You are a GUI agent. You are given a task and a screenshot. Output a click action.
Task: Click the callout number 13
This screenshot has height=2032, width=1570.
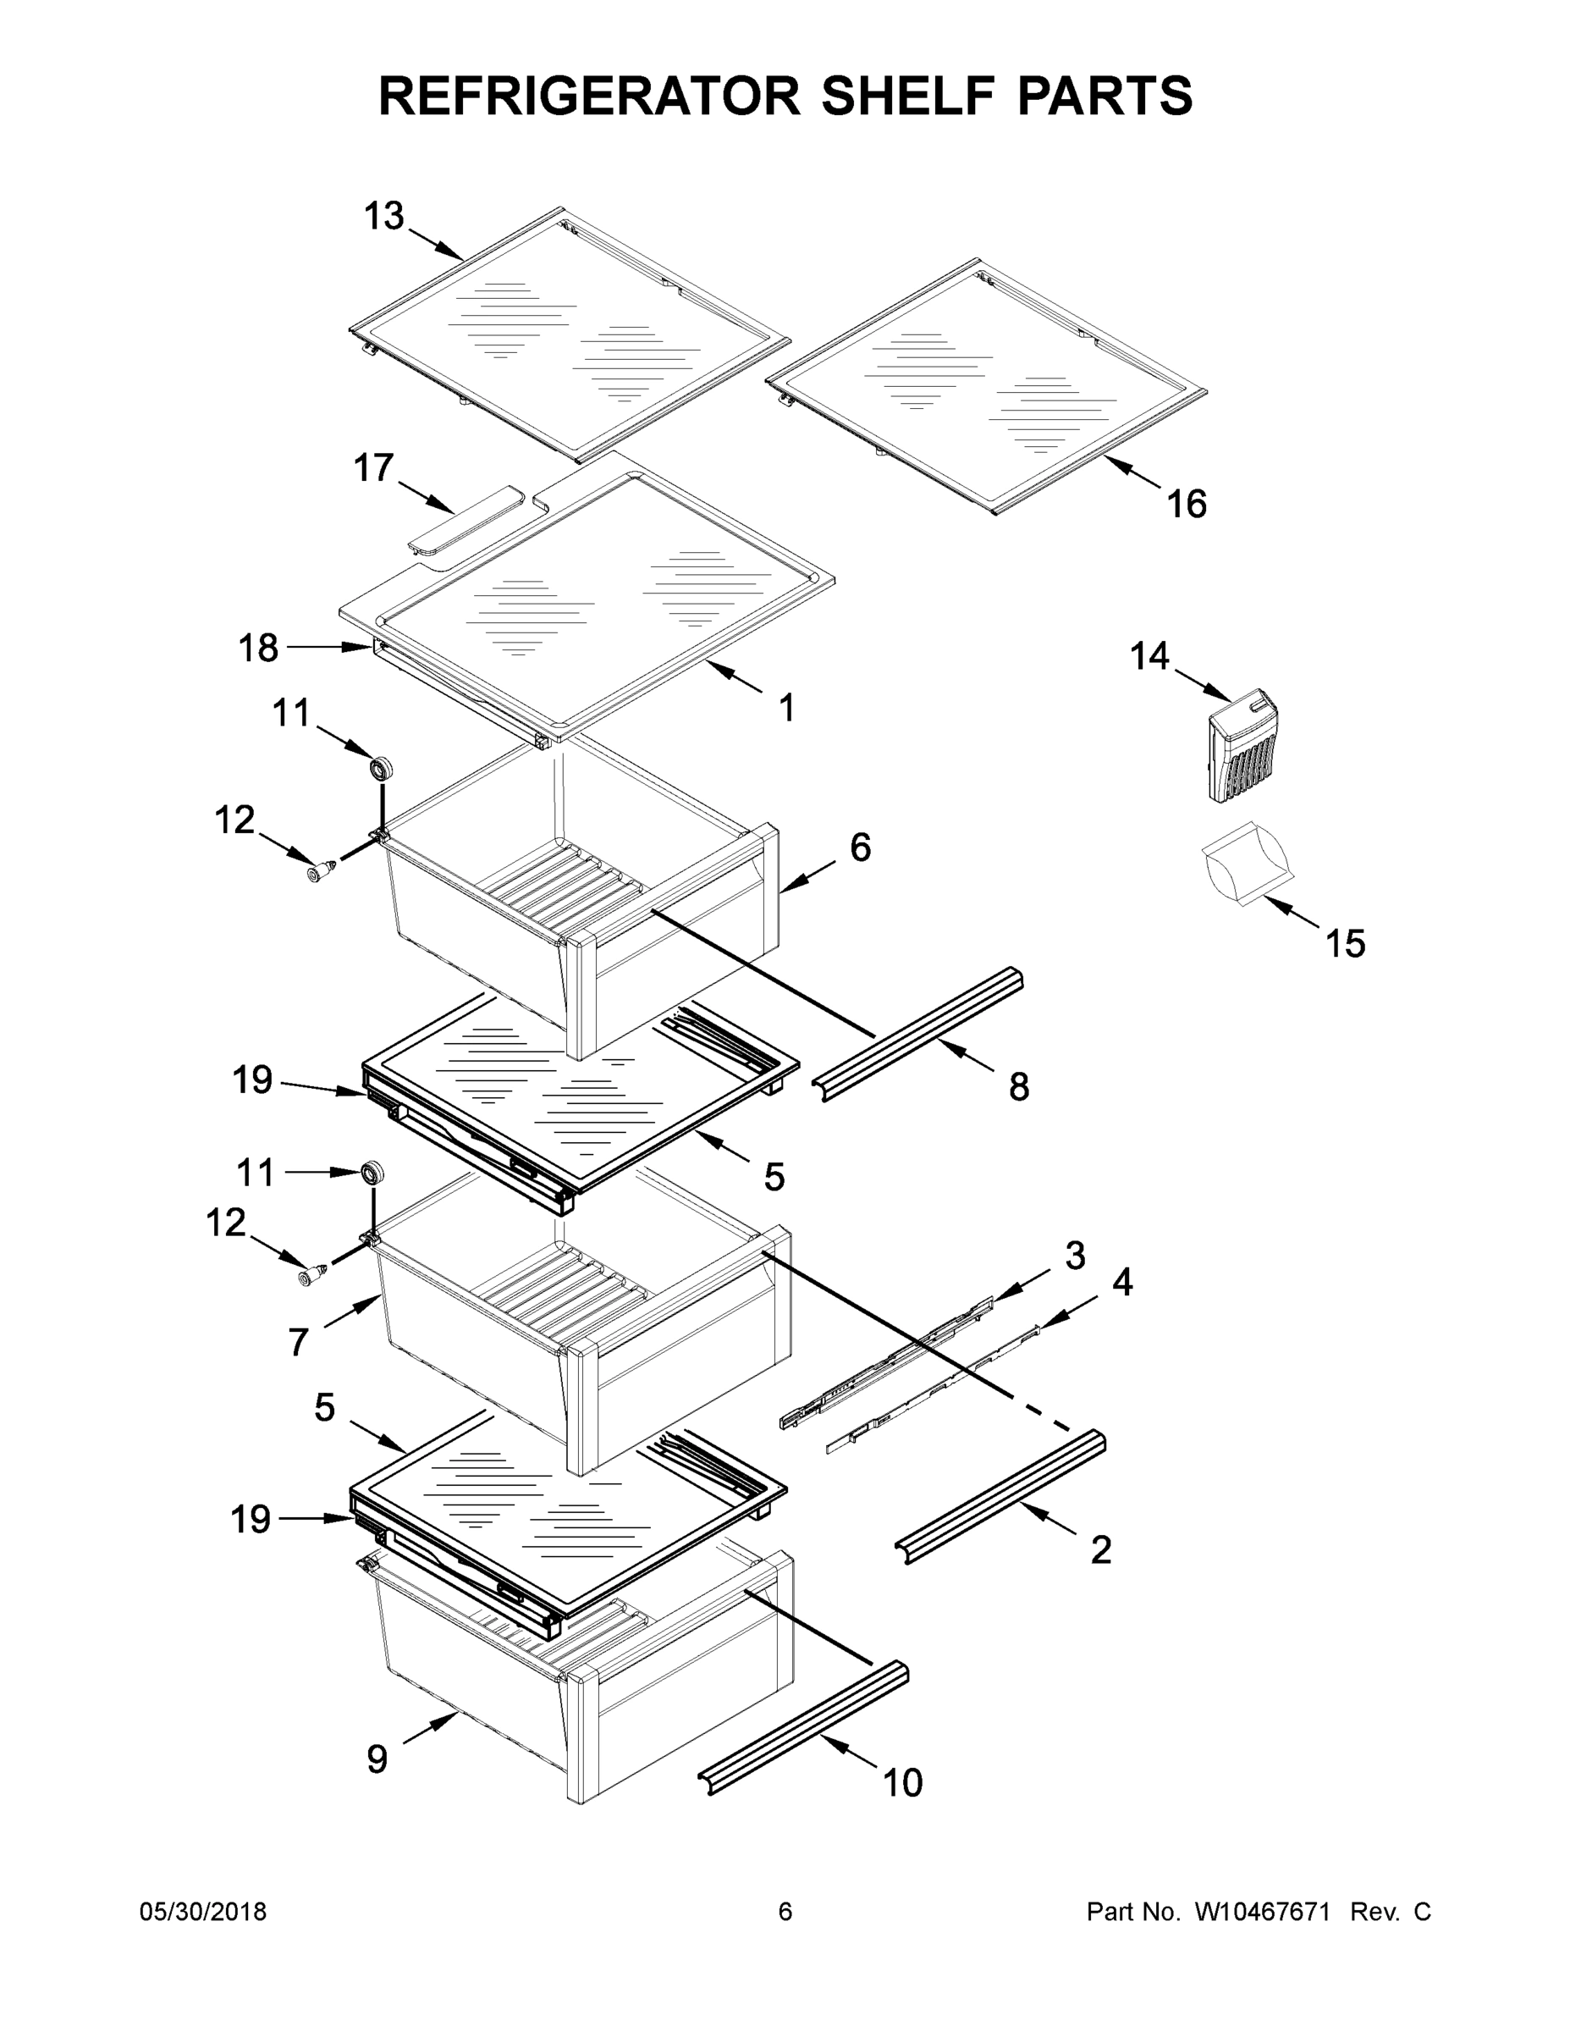coord(383,216)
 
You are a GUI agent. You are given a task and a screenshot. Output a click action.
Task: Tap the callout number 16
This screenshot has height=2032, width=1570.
coord(1186,504)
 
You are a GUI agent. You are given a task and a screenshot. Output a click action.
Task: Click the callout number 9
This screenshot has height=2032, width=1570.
coord(376,1759)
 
